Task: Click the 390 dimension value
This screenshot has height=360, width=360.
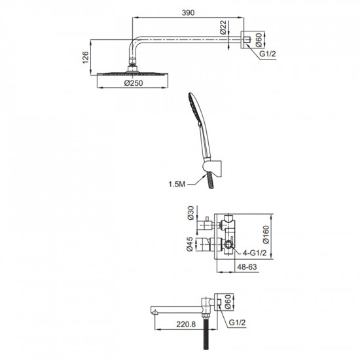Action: click(x=188, y=12)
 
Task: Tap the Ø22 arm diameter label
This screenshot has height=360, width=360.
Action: click(x=223, y=27)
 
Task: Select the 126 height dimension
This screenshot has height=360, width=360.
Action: click(x=85, y=58)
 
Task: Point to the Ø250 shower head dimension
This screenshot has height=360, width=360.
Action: click(x=134, y=83)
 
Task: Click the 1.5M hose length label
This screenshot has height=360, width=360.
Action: click(x=177, y=184)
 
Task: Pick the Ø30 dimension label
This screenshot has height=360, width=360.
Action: click(x=190, y=213)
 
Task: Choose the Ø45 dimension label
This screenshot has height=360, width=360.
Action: click(x=190, y=244)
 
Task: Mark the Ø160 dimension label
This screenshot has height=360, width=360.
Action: click(x=266, y=234)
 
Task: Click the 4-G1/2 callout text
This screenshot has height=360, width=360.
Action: click(x=255, y=253)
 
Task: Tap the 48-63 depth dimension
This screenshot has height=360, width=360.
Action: click(x=247, y=267)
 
